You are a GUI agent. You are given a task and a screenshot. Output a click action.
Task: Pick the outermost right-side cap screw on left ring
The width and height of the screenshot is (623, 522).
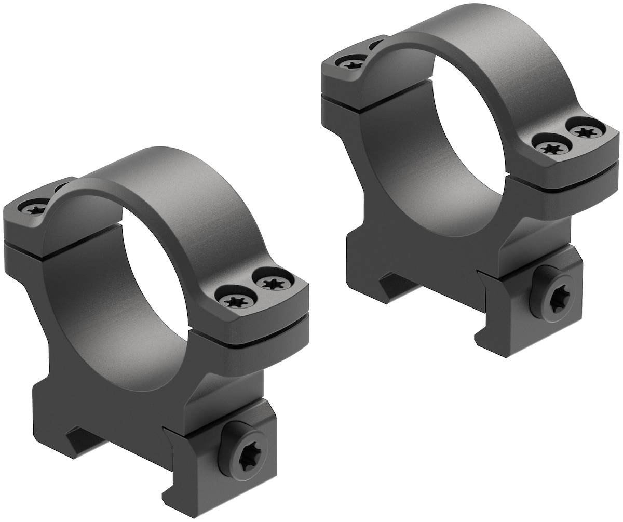tap(272, 283)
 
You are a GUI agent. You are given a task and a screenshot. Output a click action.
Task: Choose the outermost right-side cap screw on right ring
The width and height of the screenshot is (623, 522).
tap(586, 132)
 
